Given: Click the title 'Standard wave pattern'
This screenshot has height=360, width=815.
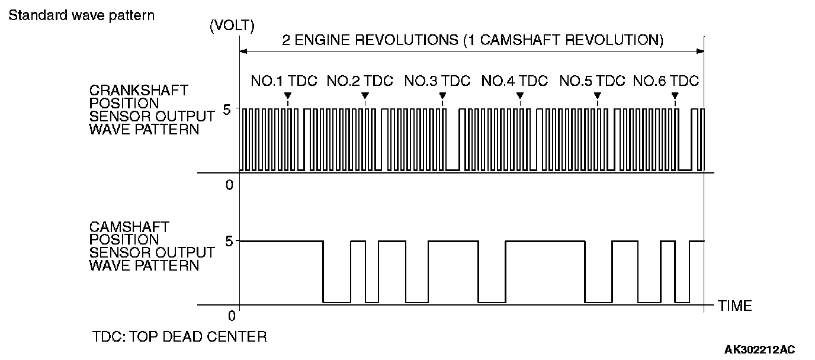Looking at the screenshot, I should pos(81,15).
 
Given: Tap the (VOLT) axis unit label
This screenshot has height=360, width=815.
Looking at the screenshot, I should pos(232,26).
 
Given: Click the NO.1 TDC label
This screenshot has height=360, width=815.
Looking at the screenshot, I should pos(284,81).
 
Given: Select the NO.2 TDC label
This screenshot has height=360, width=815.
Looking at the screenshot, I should pos(360,81).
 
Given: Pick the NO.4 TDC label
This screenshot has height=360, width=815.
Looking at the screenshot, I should pos(515,81).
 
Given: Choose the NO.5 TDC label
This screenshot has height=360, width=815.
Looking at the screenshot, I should pos(592,81).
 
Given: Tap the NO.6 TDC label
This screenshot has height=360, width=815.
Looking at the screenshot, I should pos(666,81).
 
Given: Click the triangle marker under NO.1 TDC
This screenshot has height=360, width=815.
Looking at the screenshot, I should pos(287,95).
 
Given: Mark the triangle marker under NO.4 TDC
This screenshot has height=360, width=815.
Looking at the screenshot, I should pos(520,95).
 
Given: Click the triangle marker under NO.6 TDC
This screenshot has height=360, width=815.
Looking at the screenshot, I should pos(675,95).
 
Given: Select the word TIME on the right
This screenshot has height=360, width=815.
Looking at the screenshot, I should pos(734,306).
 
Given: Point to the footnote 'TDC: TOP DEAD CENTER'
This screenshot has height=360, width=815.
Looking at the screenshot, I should pos(179,337).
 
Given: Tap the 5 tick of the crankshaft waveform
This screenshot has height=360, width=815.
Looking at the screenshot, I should pos(228,108).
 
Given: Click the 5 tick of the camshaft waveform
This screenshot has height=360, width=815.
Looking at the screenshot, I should pos(228,240).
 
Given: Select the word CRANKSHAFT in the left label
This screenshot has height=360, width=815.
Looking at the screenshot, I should pos(139,91).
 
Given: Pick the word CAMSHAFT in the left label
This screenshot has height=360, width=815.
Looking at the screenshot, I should pos(129,227).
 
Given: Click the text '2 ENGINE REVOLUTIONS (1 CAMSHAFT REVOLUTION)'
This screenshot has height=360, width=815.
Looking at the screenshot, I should pos(472,40).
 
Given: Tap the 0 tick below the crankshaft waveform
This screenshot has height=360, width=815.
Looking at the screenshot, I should pos(229,185).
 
